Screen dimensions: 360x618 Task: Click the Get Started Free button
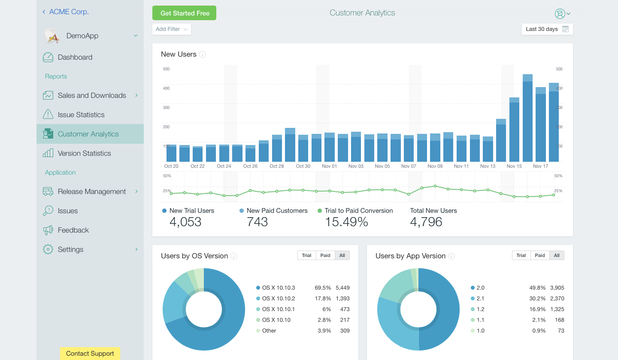click(x=184, y=13)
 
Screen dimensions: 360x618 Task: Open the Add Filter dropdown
click(x=172, y=29)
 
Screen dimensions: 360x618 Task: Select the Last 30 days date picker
click(x=547, y=29)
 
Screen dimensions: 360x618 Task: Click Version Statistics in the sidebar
click(x=84, y=153)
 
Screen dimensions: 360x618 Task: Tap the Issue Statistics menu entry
click(x=81, y=115)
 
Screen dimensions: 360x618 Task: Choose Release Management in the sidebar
click(x=92, y=191)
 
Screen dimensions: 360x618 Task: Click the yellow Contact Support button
click(x=90, y=354)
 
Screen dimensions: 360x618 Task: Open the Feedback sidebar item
click(x=73, y=230)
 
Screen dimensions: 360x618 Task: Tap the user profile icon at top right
click(x=560, y=14)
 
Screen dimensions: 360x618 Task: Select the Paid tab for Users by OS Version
click(x=325, y=255)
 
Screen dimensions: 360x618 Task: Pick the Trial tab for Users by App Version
click(x=521, y=255)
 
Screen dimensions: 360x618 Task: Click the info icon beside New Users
click(x=203, y=54)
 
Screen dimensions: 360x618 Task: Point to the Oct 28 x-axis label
click(x=277, y=166)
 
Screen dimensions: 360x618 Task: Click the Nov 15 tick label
click(x=514, y=166)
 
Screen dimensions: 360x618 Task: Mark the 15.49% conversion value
click(x=346, y=222)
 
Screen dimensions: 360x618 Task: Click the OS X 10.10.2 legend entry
click(x=279, y=298)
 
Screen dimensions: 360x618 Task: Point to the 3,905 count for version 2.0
click(x=557, y=287)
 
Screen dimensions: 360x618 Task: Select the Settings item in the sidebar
click(x=70, y=249)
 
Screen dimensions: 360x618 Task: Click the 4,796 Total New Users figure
click(x=426, y=222)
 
